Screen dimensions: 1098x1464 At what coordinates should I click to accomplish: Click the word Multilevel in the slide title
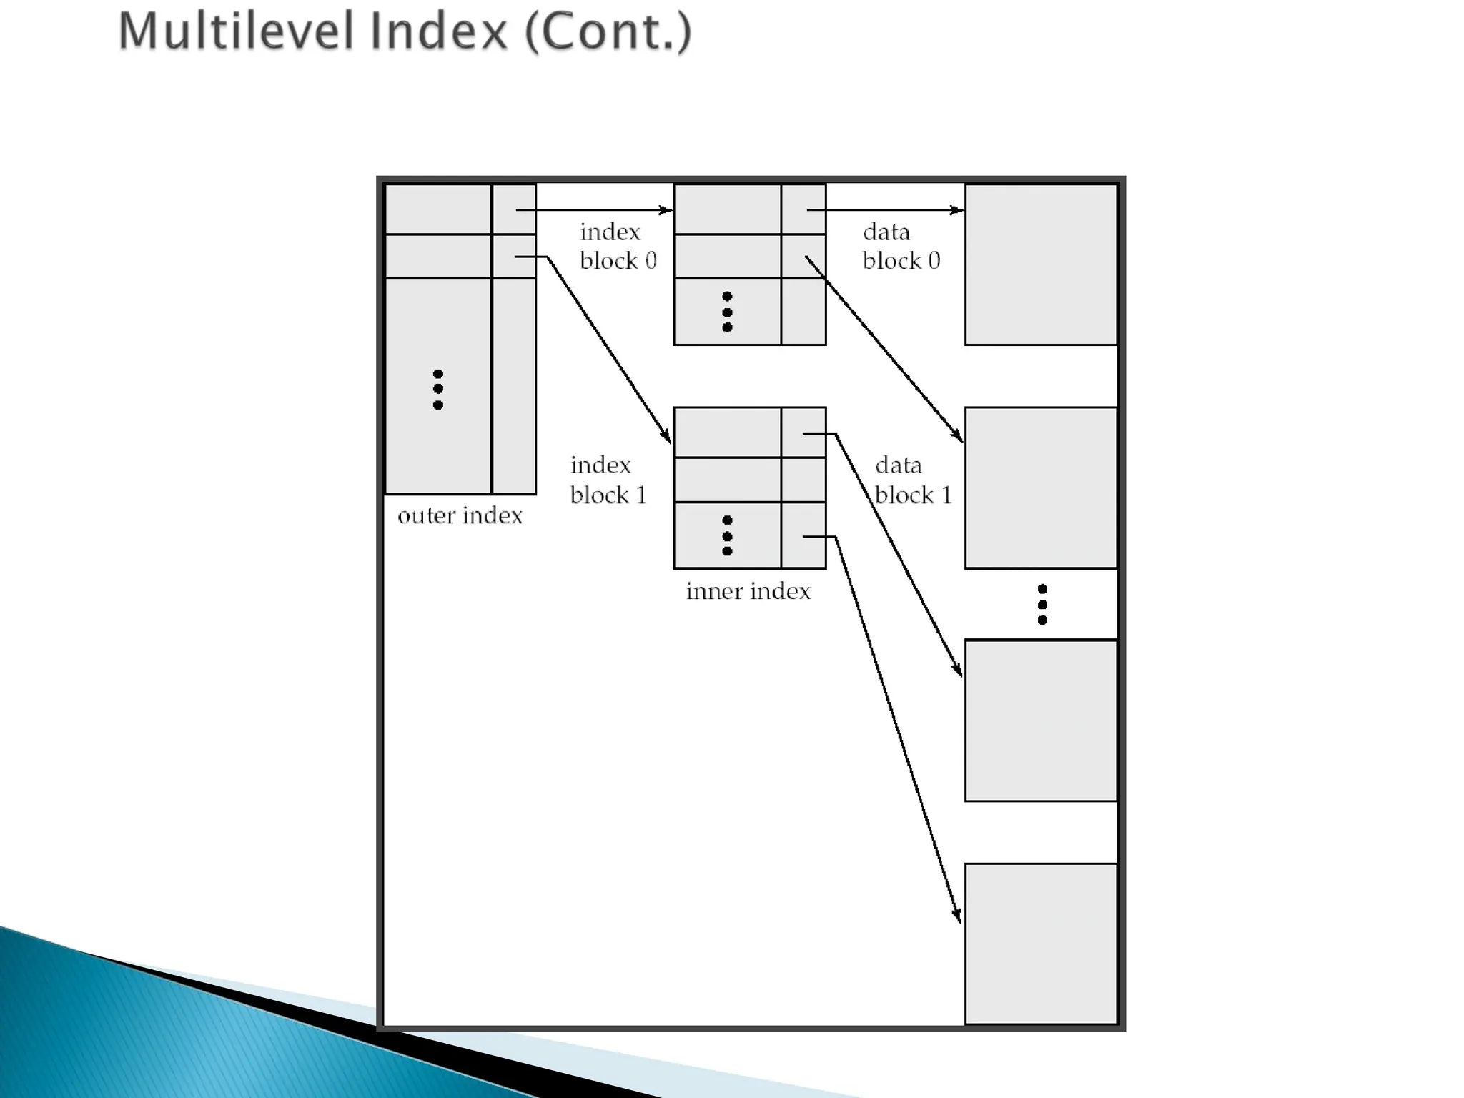pyautogui.click(x=236, y=32)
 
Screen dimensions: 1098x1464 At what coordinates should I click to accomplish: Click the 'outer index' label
pyautogui.click(x=460, y=515)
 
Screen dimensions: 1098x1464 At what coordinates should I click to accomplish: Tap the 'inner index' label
pyautogui.click(x=748, y=591)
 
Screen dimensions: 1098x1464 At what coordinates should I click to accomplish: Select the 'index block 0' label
pyautogui.click(x=618, y=246)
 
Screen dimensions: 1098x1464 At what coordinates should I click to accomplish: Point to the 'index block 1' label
pyautogui.click(x=608, y=480)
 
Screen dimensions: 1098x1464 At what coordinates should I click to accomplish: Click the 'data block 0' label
pyautogui.click(x=901, y=246)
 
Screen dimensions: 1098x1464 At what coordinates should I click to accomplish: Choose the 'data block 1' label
pyautogui.click(x=913, y=480)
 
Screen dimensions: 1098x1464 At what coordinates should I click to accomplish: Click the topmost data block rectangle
pyautogui.click(x=1041, y=264)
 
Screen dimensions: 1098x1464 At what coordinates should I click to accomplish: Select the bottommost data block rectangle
pyautogui.click(x=1041, y=944)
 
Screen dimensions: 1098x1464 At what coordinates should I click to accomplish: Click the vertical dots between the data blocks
pyautogui.click(x=1042, y=605)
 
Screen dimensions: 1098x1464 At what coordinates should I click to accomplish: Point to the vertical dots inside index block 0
pyautogui.click(x=727, y=312)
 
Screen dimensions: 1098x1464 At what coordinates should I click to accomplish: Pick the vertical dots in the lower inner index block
pyautogui.click(x=727, y=536)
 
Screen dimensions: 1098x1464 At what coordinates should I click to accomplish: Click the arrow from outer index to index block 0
pyautogui.click(x=593, y=210)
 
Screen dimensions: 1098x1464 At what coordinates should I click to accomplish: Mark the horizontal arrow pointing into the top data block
pyautogui.click(x=886, y=210)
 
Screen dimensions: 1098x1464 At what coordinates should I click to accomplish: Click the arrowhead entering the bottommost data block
pyautogui.click(x=956, y=915)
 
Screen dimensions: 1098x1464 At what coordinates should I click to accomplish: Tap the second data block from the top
pyautogui.click(x=1041, y=488)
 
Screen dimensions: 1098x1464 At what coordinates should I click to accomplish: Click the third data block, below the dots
pyautogui.click(x=1041, y=721)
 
